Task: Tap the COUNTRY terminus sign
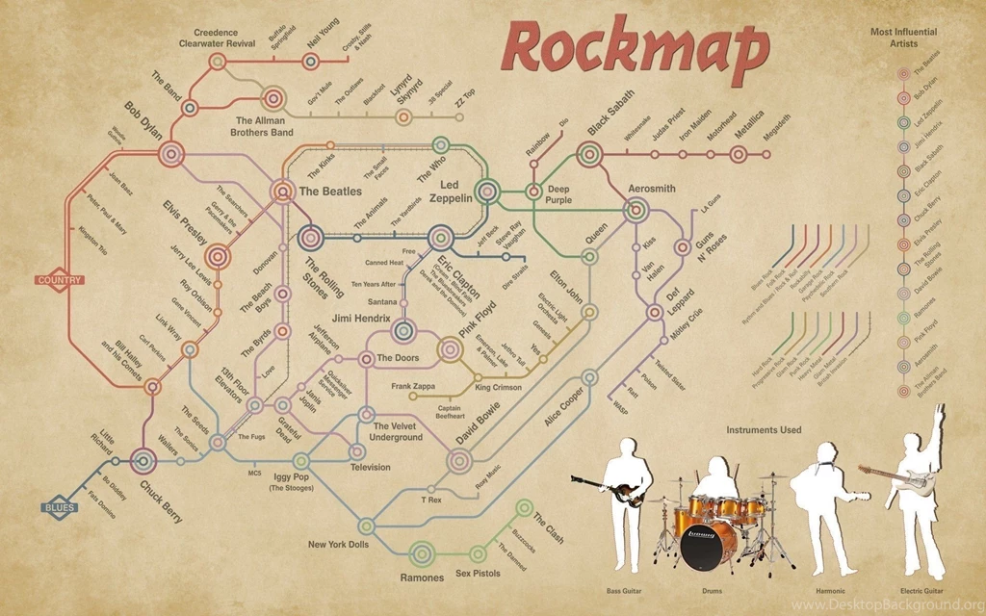coord(60,280)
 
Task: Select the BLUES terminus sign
coord(60,507)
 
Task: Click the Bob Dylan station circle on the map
coord(171,153)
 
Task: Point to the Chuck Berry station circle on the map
coord(143,462)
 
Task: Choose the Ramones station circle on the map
coord(421,552)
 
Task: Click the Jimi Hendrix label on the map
coord(361,318)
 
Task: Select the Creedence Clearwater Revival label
coord(216,38)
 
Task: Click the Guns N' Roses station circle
coord(683,247)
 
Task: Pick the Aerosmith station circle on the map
coord(636,209)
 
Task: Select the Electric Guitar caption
coord(921,589)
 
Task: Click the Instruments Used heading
coord(764,430)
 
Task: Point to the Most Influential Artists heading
coord(902,38)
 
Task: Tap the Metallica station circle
coord(738,153)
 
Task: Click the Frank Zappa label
coord(413,386)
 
